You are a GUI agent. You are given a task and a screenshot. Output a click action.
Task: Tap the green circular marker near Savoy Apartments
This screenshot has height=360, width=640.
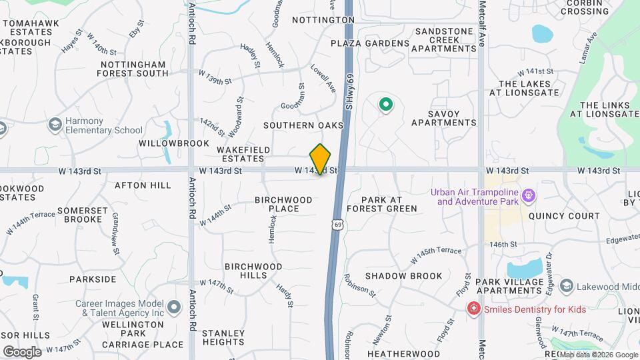pos(385,104)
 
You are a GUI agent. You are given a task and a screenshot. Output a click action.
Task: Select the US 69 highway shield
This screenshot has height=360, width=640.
pos(339,225)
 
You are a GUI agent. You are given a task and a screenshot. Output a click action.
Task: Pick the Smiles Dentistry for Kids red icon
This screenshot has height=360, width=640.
pos(473,308)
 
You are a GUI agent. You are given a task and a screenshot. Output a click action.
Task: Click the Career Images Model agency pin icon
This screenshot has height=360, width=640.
pos(174,307)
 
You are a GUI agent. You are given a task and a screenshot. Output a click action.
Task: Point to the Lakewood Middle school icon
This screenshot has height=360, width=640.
pos(567,286)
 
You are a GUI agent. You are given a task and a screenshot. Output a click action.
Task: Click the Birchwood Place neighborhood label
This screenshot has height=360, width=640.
pos(284,204)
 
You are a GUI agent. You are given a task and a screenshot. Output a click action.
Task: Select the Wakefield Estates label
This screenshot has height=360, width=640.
pos(239,154)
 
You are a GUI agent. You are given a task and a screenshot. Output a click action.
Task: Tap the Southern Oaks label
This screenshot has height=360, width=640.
pos(303,125)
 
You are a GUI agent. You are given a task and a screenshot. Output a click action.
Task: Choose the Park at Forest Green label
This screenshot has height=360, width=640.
pos(389,204)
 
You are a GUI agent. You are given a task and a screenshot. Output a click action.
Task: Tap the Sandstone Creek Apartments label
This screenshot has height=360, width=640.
pos(445,39)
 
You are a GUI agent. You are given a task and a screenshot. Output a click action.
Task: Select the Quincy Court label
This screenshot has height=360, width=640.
pos(564,216)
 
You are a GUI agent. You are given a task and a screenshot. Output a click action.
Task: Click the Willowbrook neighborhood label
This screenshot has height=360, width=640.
pos(165,143)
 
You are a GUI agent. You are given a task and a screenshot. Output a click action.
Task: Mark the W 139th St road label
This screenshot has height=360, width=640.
pos(219,81)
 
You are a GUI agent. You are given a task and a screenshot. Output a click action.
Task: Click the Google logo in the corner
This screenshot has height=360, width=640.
pos(22,351)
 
